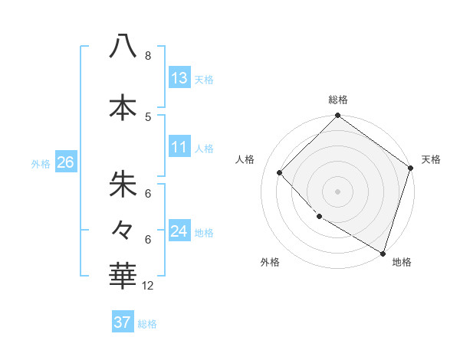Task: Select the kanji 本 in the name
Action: [123, 106]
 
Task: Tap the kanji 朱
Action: [123, 185]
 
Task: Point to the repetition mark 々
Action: [123, 229]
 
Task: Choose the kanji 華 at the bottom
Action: [123, 276]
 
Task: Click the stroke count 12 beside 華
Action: [149, 286]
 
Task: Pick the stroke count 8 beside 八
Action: [148, 56]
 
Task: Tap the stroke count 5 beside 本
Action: [148, 116]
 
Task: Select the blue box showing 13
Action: [179, 77]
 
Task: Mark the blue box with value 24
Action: [179, 231]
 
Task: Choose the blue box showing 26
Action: [65, 162]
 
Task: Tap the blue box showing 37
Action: [123, 322]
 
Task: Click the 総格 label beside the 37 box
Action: [147, 324]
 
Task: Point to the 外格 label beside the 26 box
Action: [41, 163]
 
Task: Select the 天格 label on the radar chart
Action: [431, 159]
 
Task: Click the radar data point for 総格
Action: [337, 116]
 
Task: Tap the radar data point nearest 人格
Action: [280, 173]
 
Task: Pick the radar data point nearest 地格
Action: [383, 252]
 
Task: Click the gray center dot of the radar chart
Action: [337, 191]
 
